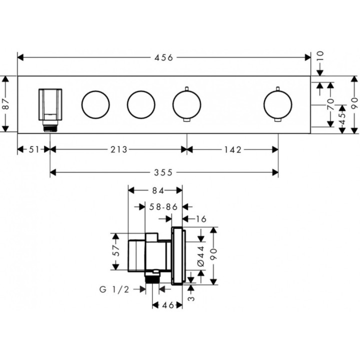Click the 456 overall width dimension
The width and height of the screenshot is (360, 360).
(163, 57)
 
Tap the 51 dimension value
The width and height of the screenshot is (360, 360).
(34, 149)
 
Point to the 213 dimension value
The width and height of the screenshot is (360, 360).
(118, 149)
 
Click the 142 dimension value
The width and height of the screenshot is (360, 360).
(233, 149)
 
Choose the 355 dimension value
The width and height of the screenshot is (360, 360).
(163, 172)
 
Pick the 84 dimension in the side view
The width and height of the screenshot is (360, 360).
(158, 191)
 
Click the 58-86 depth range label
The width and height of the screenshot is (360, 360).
(163, 207)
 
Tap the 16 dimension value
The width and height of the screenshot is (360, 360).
(201, 219)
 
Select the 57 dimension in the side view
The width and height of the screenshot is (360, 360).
(116, 250)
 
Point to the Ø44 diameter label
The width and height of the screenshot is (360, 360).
(201, 256)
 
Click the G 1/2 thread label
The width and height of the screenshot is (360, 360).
(114, 289)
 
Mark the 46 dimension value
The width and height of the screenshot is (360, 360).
(168, 305)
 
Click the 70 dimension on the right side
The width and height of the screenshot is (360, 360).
(330, 104)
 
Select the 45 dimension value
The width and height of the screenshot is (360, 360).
(342, 118)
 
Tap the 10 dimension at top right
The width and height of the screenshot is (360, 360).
(320, 56)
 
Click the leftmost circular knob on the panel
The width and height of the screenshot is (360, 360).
(95, 104)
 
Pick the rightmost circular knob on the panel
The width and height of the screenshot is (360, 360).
(278, 104)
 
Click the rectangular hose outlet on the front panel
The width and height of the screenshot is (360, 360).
(50, 104)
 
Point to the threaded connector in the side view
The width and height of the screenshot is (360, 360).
(152, 278)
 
